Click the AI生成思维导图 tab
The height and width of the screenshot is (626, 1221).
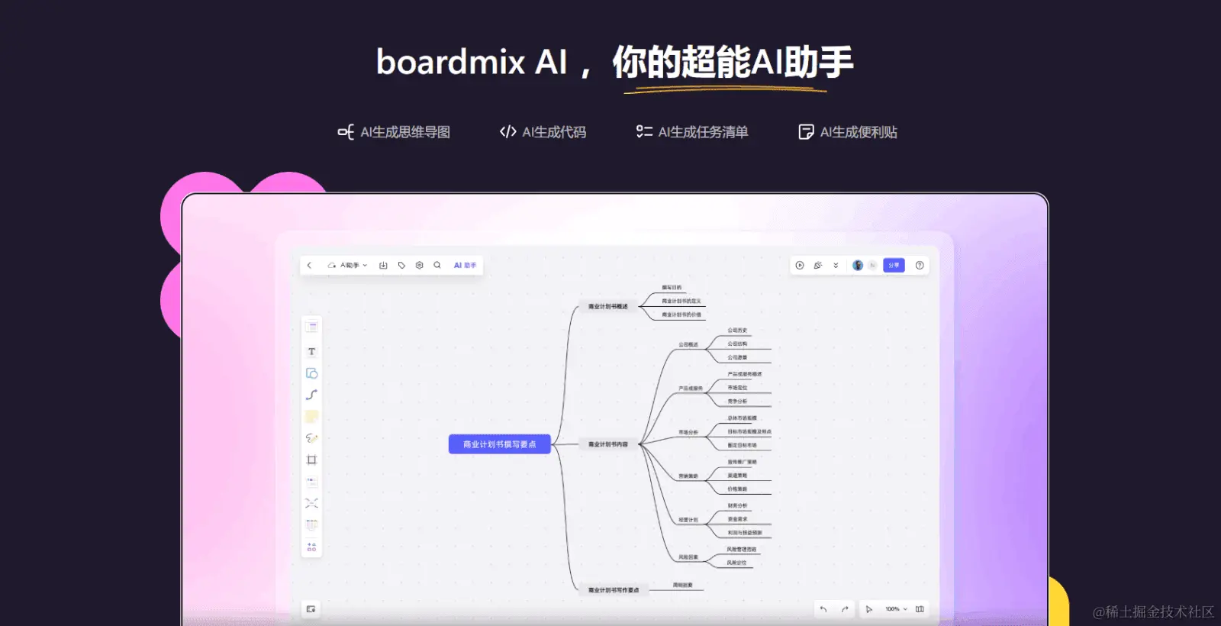tap(395, 132)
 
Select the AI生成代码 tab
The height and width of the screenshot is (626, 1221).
tap(543, 132)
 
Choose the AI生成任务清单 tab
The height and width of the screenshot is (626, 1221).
tap(692, 132)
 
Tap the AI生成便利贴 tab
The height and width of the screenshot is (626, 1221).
tap(848, 132)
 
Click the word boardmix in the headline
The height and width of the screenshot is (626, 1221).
tap(451, 62)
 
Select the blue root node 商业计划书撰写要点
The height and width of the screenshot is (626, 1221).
tap(499, 444)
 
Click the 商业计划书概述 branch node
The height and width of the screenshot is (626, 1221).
tap(608, 307)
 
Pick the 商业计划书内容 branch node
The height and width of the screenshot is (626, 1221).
tap(608, 444)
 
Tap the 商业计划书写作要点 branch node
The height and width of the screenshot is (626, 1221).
tap(614, 590)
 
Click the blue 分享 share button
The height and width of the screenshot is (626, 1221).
tap(894, 266)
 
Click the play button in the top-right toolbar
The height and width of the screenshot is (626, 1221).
tap(800, 266)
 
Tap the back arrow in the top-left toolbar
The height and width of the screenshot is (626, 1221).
tap(309, 266)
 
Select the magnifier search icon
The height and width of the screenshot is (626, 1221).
tap(437, 266)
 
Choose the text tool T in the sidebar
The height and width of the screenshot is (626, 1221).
tap(311, 352)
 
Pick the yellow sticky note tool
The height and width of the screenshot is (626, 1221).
tap(311, 417)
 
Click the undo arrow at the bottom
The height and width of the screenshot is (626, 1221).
tap(823, 609)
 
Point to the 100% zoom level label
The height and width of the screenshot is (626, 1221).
tap(892, 609)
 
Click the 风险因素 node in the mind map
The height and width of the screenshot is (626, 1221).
tap(688, 557)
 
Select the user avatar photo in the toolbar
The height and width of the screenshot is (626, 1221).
tap(858, 266)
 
